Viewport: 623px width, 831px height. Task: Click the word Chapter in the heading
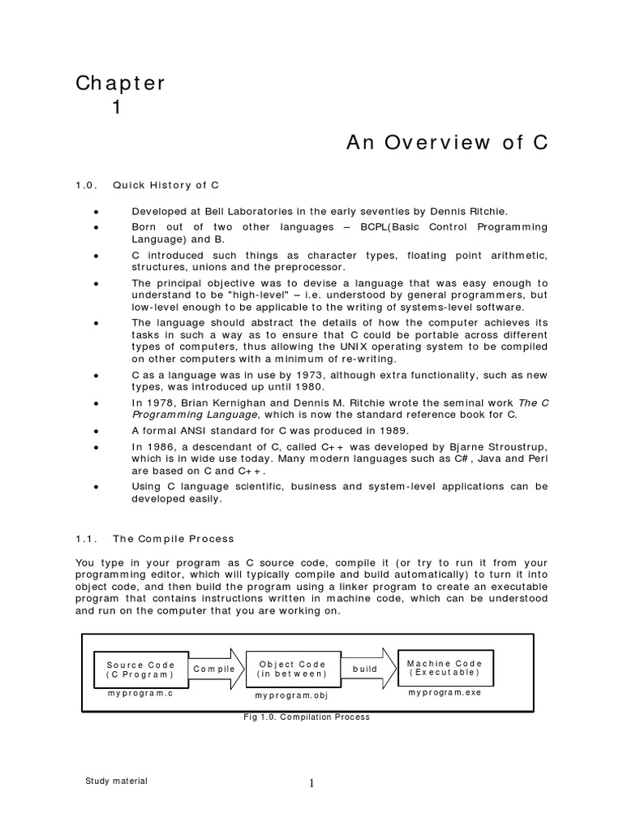tap(121, 83)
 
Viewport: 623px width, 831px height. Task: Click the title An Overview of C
tap(448, 143)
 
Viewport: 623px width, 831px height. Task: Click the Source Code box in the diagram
tap(140, 669)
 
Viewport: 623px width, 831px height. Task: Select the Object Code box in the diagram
tap(291, 669)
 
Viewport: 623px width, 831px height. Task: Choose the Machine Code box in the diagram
tap(444, 667)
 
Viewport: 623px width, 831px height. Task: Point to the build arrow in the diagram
tap(367, 669)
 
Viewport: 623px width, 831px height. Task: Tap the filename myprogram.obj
tap(291, 696)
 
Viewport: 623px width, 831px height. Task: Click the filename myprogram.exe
tap(444, 693)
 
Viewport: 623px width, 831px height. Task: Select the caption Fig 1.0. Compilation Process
tap(307, 717)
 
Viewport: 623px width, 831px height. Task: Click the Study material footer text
tap(116, 781)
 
